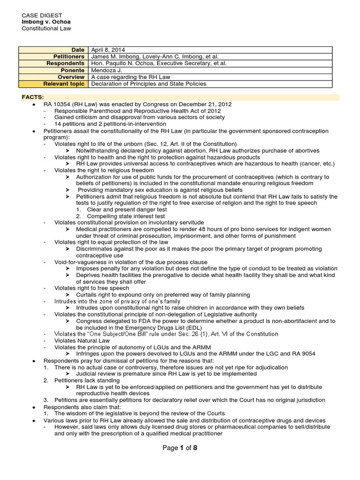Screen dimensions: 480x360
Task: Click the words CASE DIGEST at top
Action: pyautogui.click(x=43, y=15)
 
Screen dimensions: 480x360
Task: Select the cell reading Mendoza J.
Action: pyautogui.click(x=107, y=70)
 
